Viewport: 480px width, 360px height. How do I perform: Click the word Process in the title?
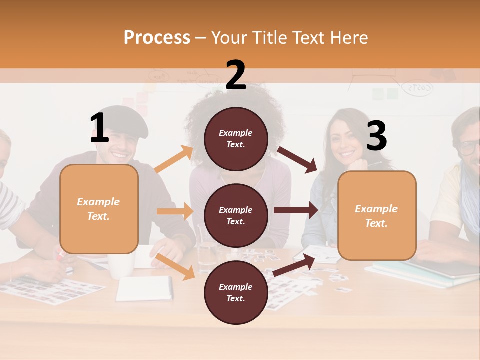(x=157, y=38)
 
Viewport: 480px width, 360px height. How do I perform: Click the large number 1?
(x=100, y=128)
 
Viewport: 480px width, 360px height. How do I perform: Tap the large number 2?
(x=236, y=75)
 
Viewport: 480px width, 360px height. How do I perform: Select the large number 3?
(x=377, y=136)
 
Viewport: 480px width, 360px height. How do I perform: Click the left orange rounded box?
(x=99, y=209)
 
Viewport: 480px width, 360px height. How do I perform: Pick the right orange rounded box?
(x=377, y=215)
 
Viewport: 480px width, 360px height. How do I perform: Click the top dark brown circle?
(x=236, y=139)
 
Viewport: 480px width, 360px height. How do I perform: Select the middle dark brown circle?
(x=236, y=215)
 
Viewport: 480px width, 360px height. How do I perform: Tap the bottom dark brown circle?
(x=236, y=292)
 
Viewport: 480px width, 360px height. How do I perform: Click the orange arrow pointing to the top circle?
(x=174, y=159)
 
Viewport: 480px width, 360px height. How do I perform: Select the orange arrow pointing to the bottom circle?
(x=175, y=266)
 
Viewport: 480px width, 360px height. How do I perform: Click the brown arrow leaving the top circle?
(x=298, y=159)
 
